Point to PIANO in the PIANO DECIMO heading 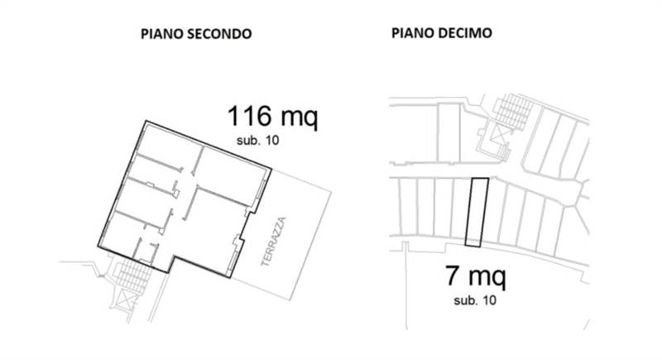[x=410, y=34]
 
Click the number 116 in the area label [x=253, y=116]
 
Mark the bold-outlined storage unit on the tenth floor [x=476, y=213]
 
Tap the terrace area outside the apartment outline [x=290, y=240]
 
